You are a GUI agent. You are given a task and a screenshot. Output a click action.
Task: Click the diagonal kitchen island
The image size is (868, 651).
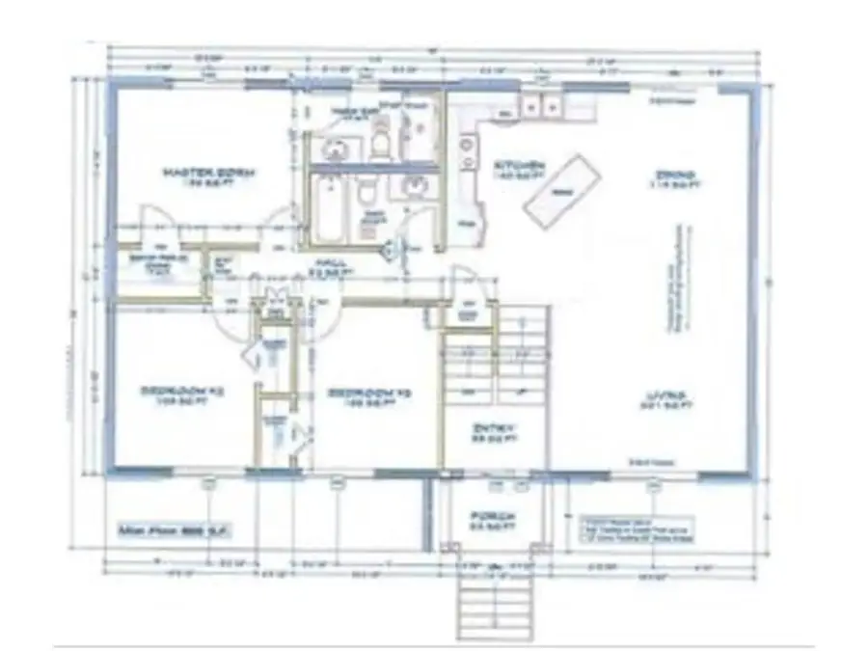click(561, 191)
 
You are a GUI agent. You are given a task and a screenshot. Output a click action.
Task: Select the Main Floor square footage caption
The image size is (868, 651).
click(174, 531)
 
